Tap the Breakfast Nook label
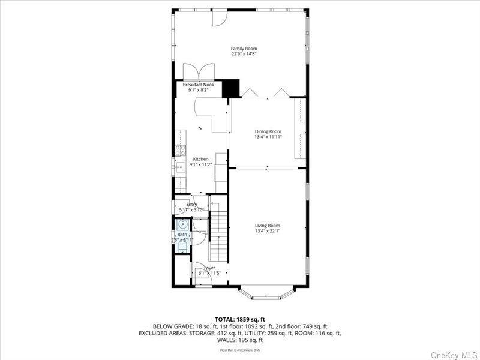click(x=198, y=85)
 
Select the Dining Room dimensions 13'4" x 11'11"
click(x=268, y=137)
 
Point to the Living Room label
click(x=268, y=226)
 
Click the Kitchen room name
click(x=200, y=159)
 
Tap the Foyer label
click(x=209, y=268)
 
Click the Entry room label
click(x=191, y=205)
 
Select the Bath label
click(x=182, y=235)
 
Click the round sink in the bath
click(x=182, y=224)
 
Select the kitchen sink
click(x=179, y=167)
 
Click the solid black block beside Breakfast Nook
click(x=230, y=88)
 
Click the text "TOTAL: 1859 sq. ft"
click(x=239, y=319)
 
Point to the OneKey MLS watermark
click(x=454, y=355)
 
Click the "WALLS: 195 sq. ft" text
click(x=239, y=340)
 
